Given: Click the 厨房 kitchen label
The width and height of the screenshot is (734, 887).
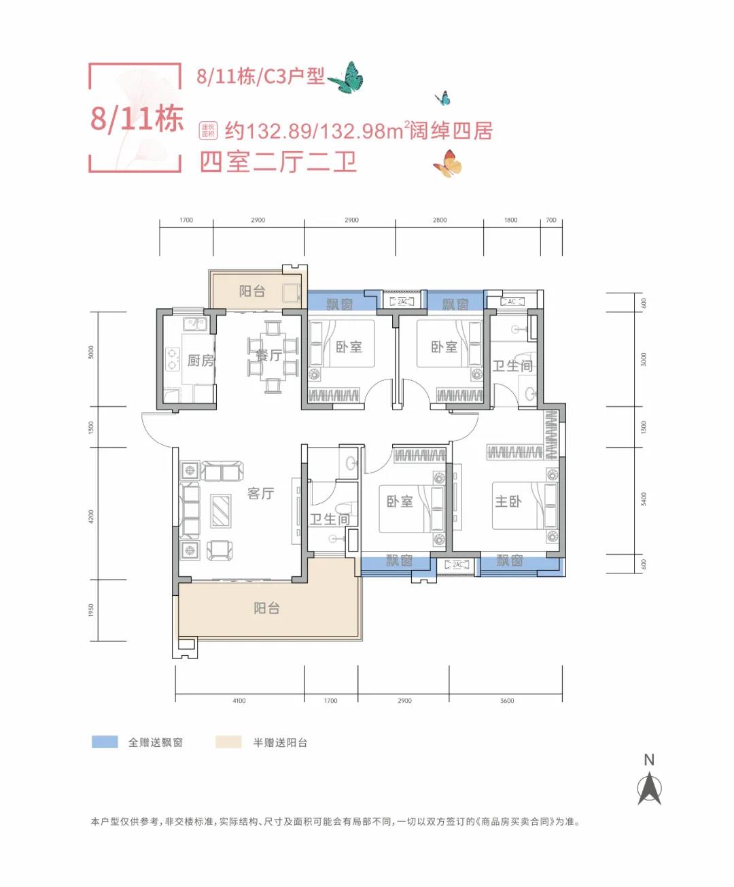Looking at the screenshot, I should (x=201, y=361).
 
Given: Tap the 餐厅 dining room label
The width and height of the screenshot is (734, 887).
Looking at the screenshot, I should (x=268, y=355).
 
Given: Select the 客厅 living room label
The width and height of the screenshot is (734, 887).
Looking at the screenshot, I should (x=260, y=493).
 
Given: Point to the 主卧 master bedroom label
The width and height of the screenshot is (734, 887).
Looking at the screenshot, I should (x=508, y=502).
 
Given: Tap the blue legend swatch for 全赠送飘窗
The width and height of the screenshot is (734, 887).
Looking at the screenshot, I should (x=105, y=742).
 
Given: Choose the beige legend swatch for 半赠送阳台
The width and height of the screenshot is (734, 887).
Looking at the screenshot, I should (x=228, y=742).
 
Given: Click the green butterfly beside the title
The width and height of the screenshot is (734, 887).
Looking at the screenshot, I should (x=347, y=78).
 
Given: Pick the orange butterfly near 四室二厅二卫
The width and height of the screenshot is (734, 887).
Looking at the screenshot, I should (x=447, y=164).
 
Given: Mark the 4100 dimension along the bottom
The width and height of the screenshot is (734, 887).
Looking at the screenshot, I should (x=239, y=701).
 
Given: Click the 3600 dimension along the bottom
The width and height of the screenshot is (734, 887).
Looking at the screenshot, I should (x=507, y=701).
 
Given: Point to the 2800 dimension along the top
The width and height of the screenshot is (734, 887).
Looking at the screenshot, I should (x=440, y=220).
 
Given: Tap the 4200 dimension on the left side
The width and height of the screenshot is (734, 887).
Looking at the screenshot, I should (x=92, y=516).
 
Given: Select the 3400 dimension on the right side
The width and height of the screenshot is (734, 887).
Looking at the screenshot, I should (x=644, y=499).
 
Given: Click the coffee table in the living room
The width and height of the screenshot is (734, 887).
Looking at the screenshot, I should (x=221, y=510).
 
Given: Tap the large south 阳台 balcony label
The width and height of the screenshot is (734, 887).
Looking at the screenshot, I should (x=266, y=608).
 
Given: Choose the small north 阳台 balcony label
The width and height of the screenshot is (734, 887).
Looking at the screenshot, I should (x=251, y=291).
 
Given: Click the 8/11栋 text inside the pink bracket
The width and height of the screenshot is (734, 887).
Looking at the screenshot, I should (x=137, y=119).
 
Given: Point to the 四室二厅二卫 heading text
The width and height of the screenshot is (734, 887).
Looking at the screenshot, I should (x=278, y=163).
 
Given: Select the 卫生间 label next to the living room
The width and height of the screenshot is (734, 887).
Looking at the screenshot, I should (x=330, y=519).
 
